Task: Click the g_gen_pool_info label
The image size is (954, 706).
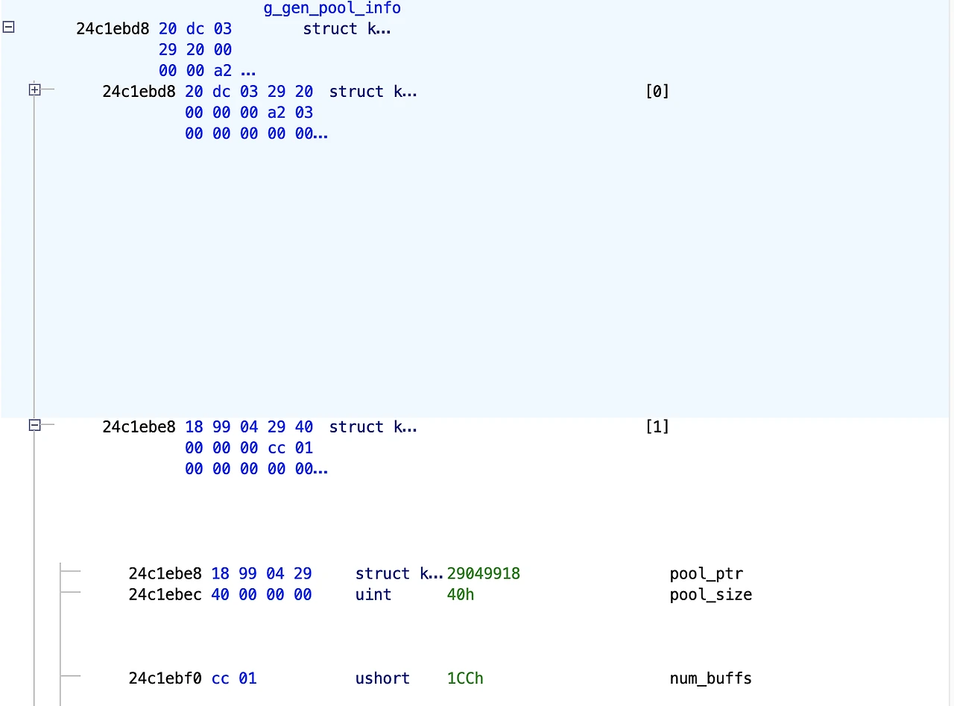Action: coord(332,8)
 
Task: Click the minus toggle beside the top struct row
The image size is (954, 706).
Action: coord(8,27)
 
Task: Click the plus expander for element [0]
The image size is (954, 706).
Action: coord(34,90)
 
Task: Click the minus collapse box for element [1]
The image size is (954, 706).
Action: coord(34,426)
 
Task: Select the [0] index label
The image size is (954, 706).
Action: coord(657,92)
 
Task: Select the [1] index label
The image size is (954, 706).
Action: coord(657,427)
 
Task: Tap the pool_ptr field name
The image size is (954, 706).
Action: coord(706,574)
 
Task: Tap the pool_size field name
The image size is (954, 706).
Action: coord(710,595)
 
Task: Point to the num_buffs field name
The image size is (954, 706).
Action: coord(710,678)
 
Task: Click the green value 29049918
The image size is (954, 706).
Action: coord(483,574)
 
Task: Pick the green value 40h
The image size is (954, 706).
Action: coord(461,595)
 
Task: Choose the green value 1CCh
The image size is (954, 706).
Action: coord(465,678)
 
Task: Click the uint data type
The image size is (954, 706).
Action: coord(373,595)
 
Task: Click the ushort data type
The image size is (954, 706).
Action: coord(382,678)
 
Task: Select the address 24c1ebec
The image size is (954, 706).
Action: coord(165,595)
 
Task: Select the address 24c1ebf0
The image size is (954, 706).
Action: coord(165,678)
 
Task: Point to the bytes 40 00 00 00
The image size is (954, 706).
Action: coord(262,595)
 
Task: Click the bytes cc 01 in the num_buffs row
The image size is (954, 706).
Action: coord(234,678)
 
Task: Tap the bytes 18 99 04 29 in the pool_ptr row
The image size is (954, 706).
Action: coord(262,574)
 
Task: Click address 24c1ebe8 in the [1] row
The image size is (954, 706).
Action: coord(139,427)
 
